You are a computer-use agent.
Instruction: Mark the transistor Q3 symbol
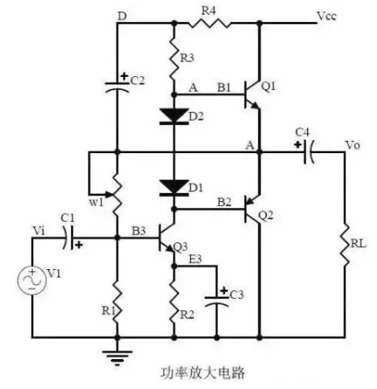(x=167, y=239)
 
